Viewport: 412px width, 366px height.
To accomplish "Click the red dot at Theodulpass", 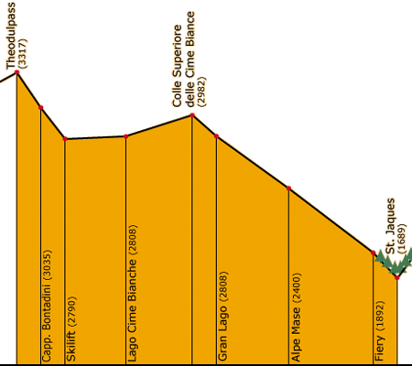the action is click(x=16, y=72).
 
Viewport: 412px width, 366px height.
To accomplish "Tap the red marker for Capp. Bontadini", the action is click(x=41, y=107).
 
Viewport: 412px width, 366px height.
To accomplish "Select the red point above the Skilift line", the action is click(x=65, y=139).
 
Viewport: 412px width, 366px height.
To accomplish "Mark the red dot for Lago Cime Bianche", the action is click(x=125, y=136).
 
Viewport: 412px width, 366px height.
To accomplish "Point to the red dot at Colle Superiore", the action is click(x=192, y=115).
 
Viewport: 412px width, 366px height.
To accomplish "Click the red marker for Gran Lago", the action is click(x=216, y=136).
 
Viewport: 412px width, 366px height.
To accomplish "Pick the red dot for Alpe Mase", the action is click(x=288, y=188).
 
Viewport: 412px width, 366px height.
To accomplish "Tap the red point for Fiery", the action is click(x=374, y=253).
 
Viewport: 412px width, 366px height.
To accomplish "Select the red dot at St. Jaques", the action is click(x=397, y=277).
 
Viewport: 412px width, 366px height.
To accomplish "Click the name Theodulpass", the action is click(x=10, y=36).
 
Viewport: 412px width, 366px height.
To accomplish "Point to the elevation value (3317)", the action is click(x=22, y=53).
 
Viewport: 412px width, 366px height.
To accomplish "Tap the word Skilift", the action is click(x=70, y=346).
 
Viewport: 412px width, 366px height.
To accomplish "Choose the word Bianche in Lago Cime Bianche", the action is click(x=132, y=279).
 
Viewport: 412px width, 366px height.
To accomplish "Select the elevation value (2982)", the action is click(x=201, y=91).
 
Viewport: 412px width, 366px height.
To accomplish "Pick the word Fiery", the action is click(x=379, y=348).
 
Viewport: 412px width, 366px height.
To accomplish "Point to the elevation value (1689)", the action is click(x=402, y=239).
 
